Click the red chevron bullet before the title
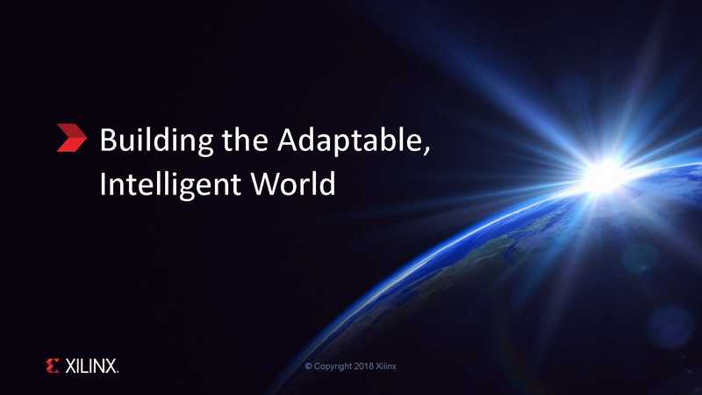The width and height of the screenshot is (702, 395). coord(72,138)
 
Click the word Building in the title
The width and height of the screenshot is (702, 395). coord(156,141)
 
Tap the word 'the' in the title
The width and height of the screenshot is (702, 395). coord(245,140)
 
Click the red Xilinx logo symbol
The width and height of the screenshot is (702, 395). coord(53,366)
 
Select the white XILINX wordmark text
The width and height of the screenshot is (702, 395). coord(91,366)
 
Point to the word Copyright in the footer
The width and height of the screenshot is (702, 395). coord(333,366)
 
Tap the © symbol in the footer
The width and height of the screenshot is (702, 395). coord(309,366)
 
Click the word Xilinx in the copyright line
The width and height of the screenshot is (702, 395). coord(386,366)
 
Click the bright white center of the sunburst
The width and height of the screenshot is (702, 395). coord(602,177)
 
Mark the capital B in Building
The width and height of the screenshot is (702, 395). coord(107,140)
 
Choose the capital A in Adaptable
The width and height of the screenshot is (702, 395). coord(288,140)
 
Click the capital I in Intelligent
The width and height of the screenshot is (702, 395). coord(102,183)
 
